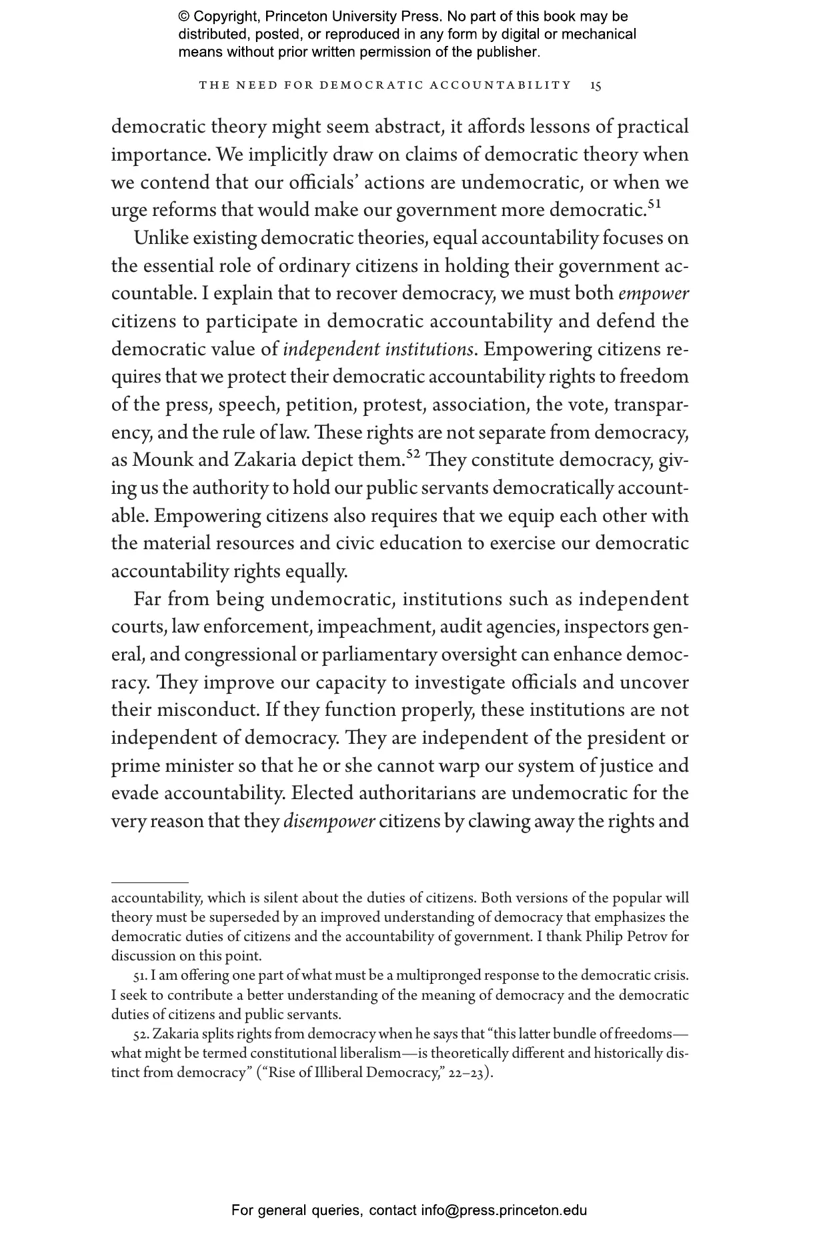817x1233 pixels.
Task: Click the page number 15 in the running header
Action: (596, 85)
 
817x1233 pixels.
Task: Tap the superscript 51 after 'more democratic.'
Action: (654, 205)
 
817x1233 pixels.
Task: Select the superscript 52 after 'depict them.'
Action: (412, 455)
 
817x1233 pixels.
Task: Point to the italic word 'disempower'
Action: (329, 821)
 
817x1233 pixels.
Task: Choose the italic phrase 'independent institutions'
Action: (378, 349)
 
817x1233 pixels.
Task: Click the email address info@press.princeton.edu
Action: (504, 1210)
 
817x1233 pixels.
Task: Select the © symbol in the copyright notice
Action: (184, 17)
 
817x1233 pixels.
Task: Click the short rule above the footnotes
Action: (150, 882)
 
